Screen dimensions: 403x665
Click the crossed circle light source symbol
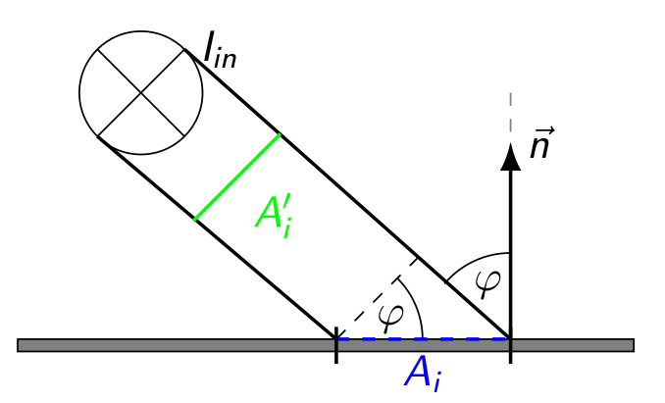coord(141,93)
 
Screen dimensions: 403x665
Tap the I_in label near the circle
coord(220,50)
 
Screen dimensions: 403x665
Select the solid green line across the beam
coord(238,176)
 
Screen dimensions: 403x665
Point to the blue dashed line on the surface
coord(423,339)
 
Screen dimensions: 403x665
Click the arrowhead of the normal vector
coord(510,157)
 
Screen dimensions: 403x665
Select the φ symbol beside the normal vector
coord(486,282)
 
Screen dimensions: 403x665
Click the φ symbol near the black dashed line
coord(390,314)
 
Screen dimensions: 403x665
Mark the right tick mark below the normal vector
coord(510,352)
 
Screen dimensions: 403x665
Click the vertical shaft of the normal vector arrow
coord(510,245)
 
